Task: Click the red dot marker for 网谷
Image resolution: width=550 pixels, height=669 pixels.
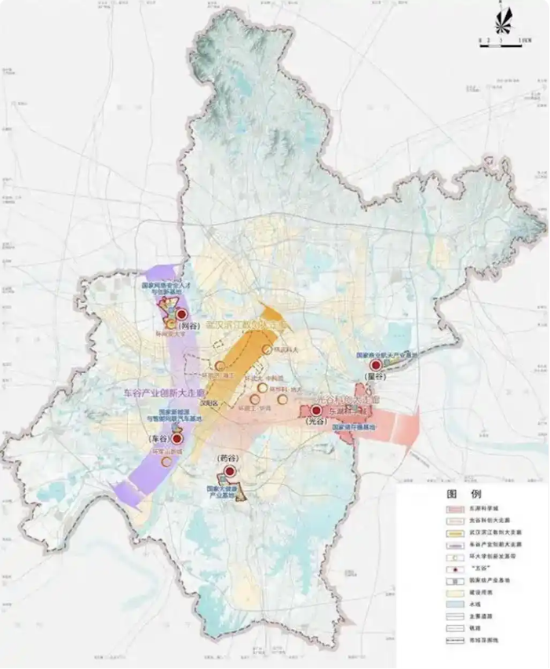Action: [x=182, y=313]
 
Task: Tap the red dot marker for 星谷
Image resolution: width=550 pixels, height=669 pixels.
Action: [x=376, y=365]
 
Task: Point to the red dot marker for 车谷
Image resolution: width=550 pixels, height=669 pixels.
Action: [x=167, y=439]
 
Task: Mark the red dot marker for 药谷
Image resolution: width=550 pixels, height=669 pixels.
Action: [x=229, y=471]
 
